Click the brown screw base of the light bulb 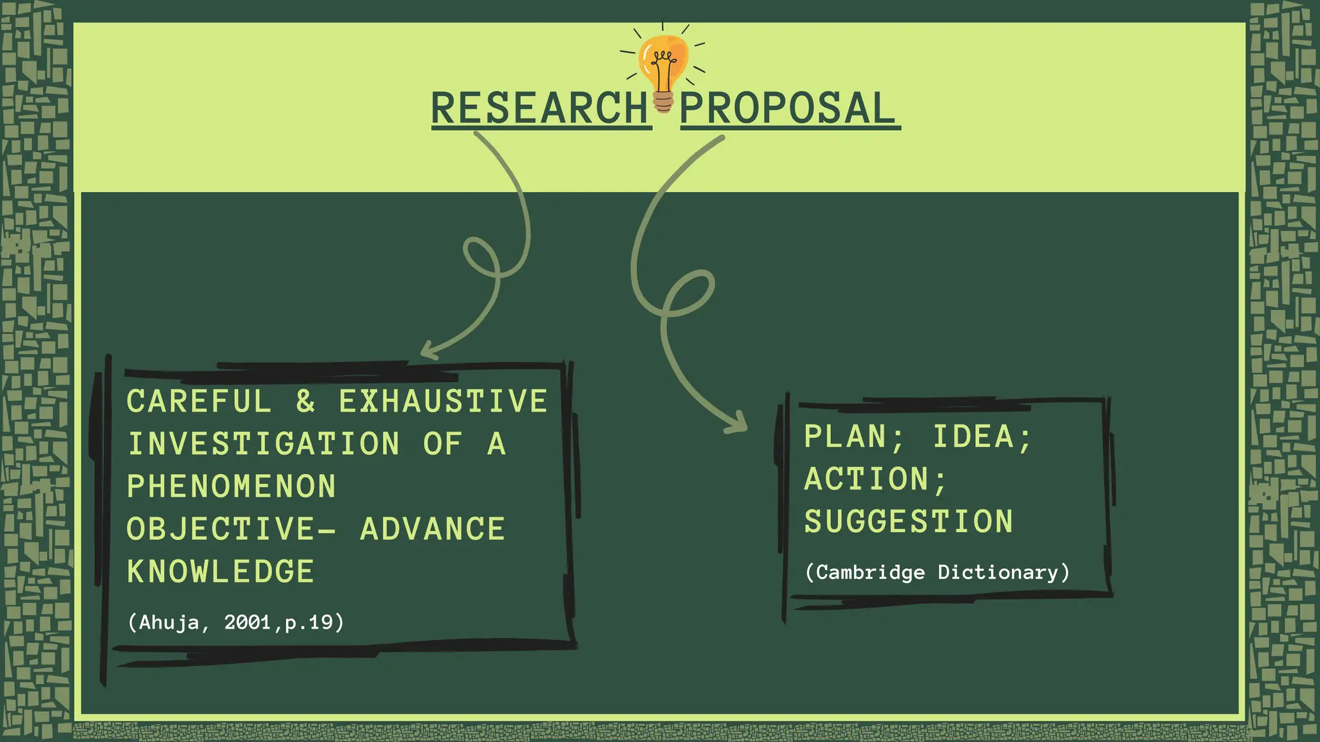click(x=663, y=102)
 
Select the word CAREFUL click(x=199, y=402)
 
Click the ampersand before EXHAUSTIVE click(x=306, y=402)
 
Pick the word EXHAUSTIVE click(x=443, y=402)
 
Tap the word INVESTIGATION click(x=264, y=444)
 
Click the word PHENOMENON click(x=231, y=487)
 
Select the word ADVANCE click(x=432, y=529)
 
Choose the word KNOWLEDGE click(x=220, y=572)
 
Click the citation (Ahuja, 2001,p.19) click(x=236, y=623)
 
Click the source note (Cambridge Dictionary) click(x=937, y=573)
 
